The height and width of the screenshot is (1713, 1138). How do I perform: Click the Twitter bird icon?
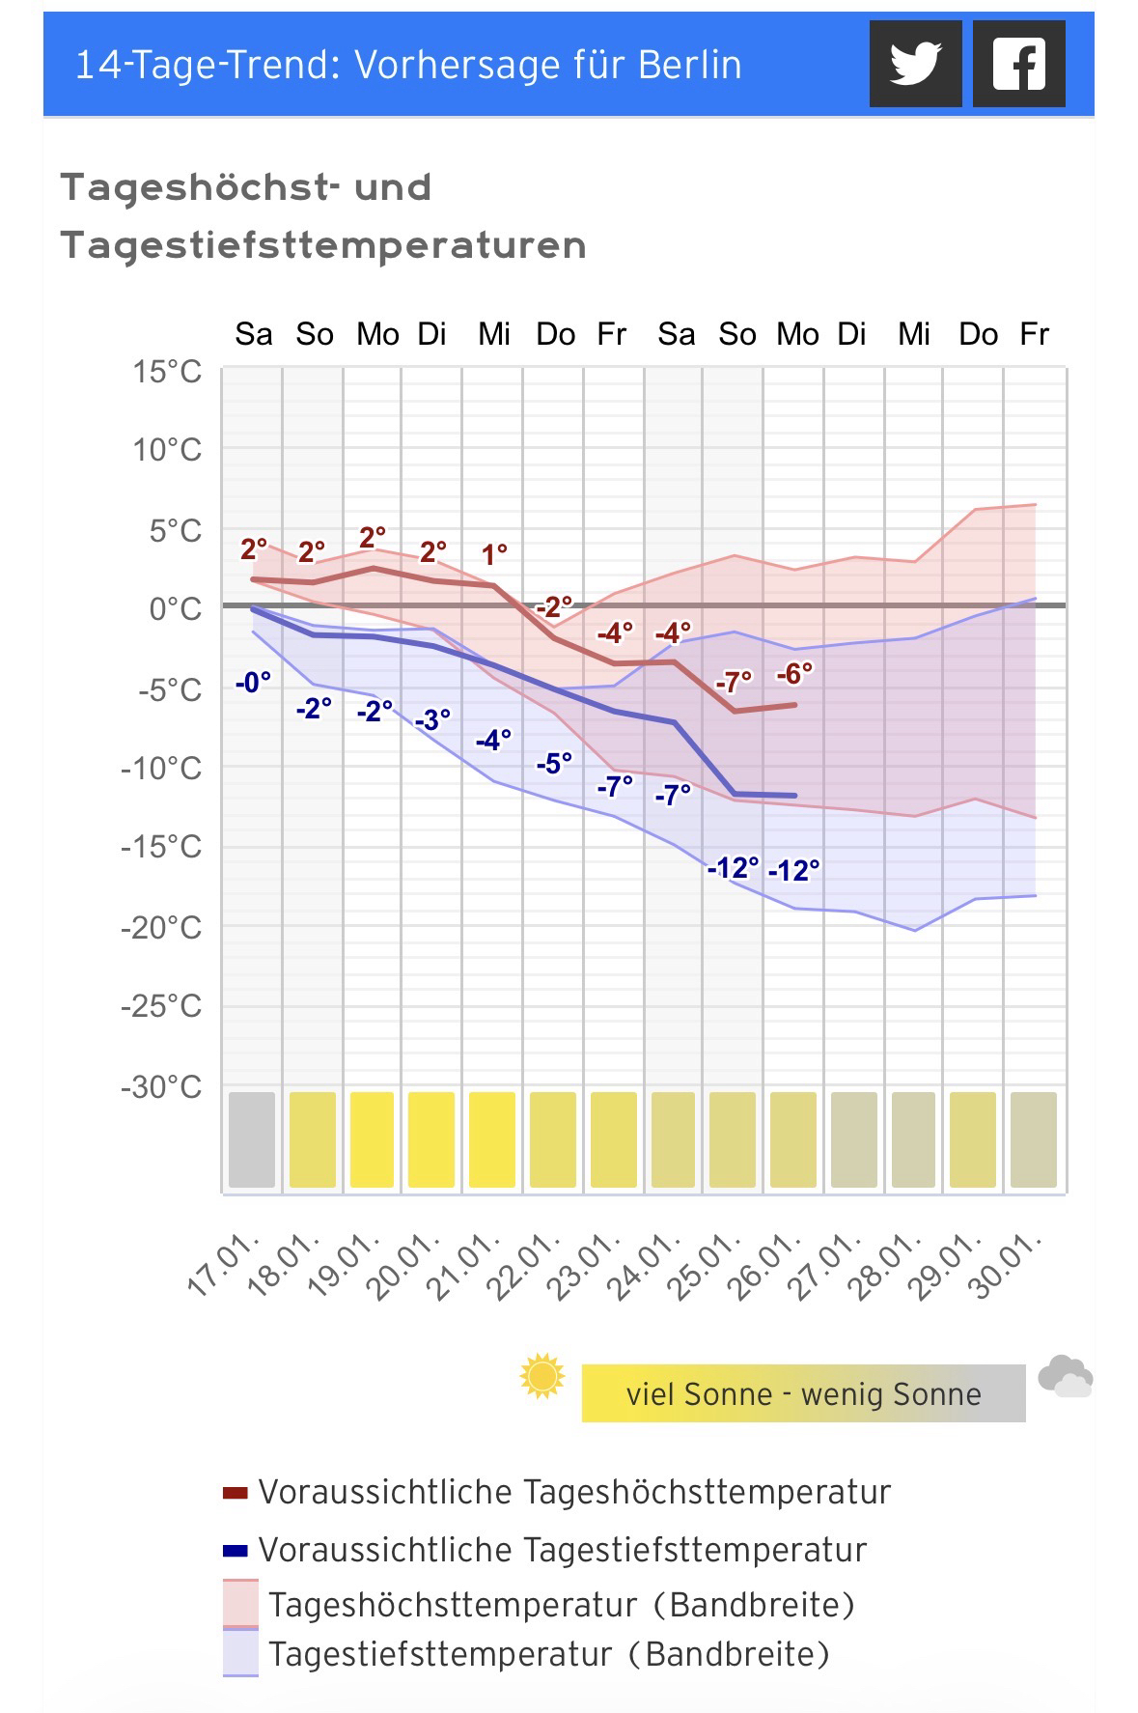(915, 64)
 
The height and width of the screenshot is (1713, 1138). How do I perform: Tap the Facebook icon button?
(1018, 64)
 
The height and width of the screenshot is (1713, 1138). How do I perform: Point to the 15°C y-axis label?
(168, 371)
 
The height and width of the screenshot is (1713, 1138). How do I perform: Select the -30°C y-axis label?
(161, 1087)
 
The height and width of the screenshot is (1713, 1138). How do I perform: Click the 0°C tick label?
(176, 609)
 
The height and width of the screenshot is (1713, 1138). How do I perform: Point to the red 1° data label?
(494, 555)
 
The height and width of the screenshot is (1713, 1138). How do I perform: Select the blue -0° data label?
(253, 683)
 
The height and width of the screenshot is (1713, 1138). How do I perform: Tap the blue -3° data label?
(432, 720)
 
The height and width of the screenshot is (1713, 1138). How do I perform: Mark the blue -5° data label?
(554, 764)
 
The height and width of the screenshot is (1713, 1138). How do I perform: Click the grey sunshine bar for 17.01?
(252, 1139)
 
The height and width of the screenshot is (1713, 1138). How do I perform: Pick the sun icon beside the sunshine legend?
(541, 1376)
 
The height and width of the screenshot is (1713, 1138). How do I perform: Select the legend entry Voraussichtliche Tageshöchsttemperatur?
(573, 1492)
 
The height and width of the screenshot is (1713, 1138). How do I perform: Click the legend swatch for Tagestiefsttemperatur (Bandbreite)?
(240, 1654)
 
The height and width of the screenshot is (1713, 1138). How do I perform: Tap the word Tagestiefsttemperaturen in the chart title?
(323, 245)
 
